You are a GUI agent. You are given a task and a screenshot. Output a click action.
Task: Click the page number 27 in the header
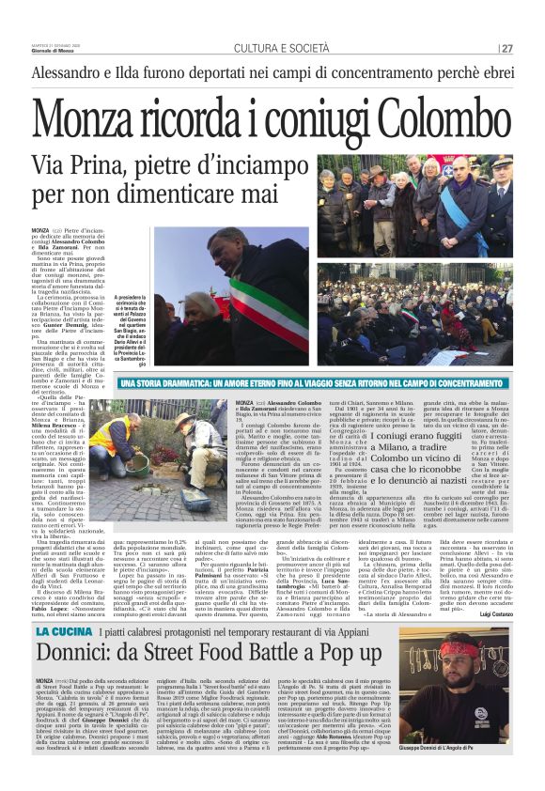506,49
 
